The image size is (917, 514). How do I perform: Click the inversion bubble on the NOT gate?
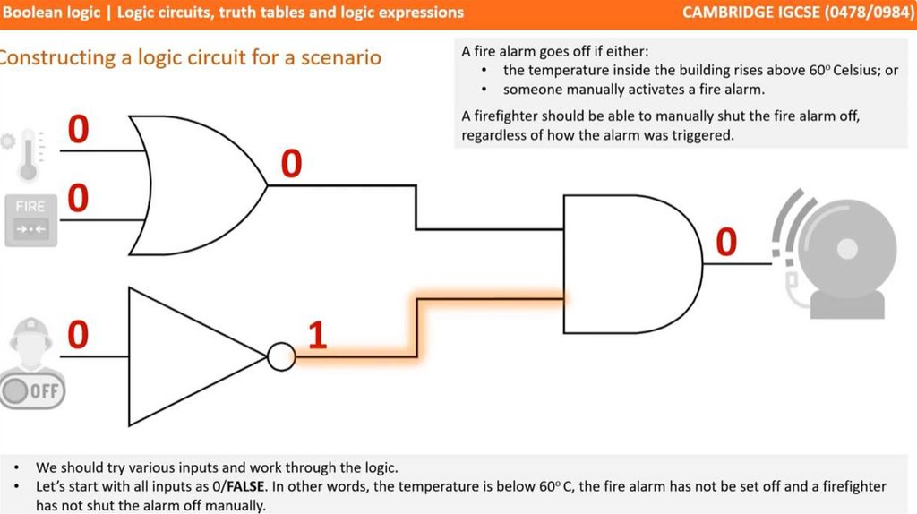tap(281, 357)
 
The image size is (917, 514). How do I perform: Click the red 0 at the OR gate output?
tap(292, 165)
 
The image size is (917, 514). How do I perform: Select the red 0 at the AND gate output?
tap(726, 242)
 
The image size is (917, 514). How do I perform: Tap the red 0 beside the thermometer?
tap(79, 130)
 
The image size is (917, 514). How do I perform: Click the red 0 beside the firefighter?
tap(79, 335)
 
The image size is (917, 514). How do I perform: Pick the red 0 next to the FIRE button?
tap(79, 198)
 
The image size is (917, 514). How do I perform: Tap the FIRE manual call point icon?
tap(30, 218)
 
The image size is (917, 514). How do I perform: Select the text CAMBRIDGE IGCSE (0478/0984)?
tap(796, 13)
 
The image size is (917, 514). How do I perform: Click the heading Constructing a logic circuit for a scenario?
tap(190, 58)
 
